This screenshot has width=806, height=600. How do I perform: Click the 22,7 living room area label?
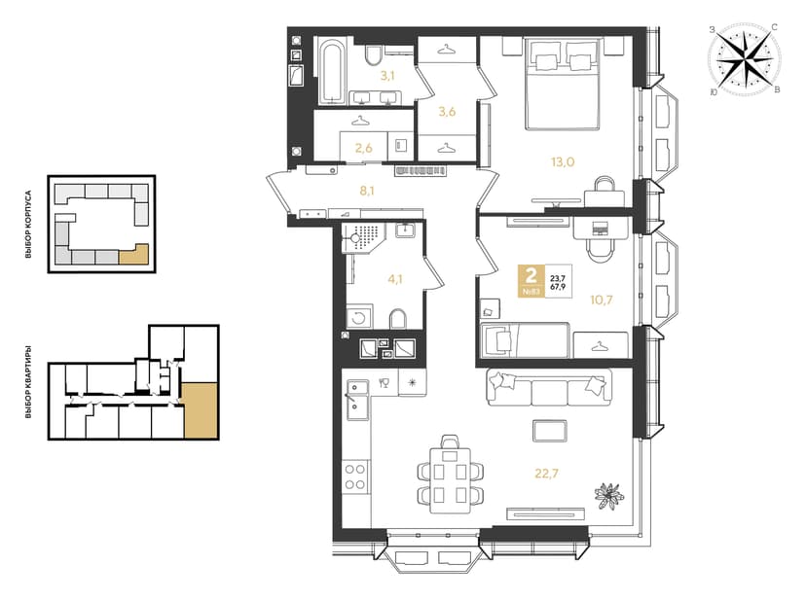click(546, 474)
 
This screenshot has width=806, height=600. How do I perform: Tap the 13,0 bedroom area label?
click(563, 161)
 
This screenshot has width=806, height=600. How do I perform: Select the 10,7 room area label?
click(601, 300)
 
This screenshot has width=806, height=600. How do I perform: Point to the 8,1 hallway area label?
click(367, 192)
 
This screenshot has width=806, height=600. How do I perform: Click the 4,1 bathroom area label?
click(395, 279)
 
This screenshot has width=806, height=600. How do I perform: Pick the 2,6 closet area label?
click(363, 149)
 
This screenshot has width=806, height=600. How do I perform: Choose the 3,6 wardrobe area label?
click(447, 112)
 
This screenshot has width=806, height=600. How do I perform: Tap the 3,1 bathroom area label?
click(387, 76)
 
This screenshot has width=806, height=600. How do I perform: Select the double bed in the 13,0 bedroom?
click(563, 84)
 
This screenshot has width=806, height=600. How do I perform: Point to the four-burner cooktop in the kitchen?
click(355, 476)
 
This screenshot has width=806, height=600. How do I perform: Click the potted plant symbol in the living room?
click(609, 496)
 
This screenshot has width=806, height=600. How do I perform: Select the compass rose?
click(744, 60)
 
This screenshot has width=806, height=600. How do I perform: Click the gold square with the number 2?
click(531, 280)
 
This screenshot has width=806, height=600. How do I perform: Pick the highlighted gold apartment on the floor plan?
click(201, 410)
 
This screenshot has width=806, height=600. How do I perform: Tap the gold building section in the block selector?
click(134, 254)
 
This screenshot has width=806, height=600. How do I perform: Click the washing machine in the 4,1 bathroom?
click(359, 317)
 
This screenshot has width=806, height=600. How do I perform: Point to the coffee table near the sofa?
click(550, 431)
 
